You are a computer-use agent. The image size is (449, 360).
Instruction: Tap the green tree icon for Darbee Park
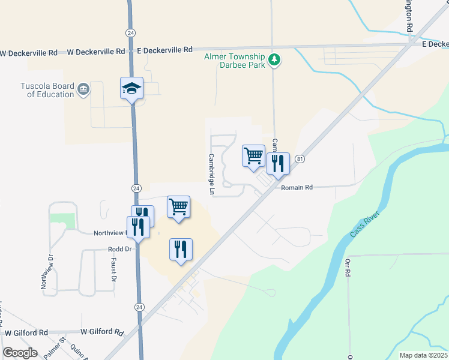pos(274,59)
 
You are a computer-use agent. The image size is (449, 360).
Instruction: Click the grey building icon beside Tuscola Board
pos(83,90)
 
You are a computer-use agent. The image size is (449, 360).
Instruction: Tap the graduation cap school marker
pos(132,89)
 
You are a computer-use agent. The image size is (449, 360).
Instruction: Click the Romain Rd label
pos(297,188)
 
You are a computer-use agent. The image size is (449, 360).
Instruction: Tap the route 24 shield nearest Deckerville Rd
pos(130,32)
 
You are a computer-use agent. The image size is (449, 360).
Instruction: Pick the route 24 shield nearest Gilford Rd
pos(139,307)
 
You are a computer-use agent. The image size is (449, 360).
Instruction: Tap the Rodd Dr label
pos(119,249)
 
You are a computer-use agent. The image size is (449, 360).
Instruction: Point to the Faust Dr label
pos(113,268)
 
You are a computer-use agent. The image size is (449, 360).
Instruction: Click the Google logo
pos(20,353)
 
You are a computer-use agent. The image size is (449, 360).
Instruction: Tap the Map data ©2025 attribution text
pos(423,355)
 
